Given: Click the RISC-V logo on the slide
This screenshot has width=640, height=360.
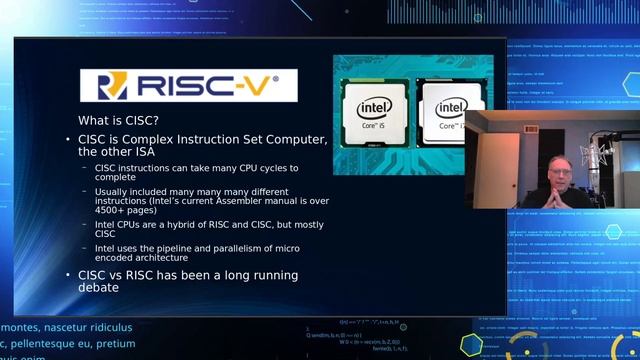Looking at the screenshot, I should (x=187, y=84).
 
